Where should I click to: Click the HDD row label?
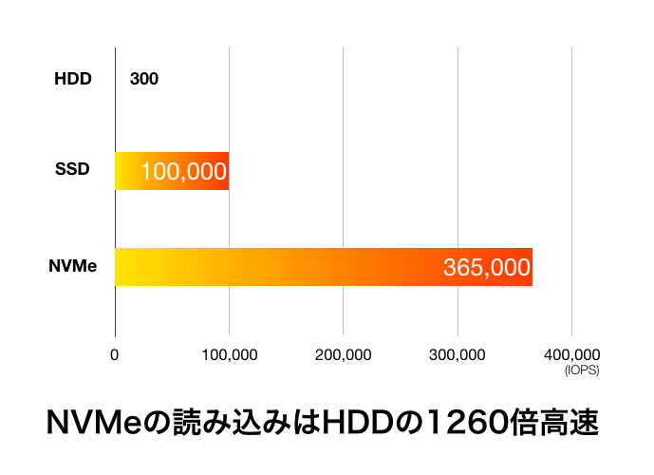[73, 79]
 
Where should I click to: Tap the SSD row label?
[72, 170]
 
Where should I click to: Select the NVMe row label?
[73, 266]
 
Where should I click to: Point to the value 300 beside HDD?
[144, 79]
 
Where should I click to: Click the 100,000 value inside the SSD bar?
[183, 172]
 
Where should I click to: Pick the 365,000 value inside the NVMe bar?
[487, 268]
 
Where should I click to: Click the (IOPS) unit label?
[580, 370]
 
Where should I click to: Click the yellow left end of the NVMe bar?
[128, 267]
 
